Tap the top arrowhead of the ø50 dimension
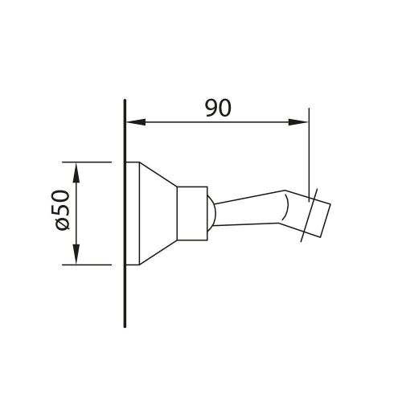point(76,166)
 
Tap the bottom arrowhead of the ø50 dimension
point(76,259)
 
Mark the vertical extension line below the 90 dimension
point(310,153)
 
